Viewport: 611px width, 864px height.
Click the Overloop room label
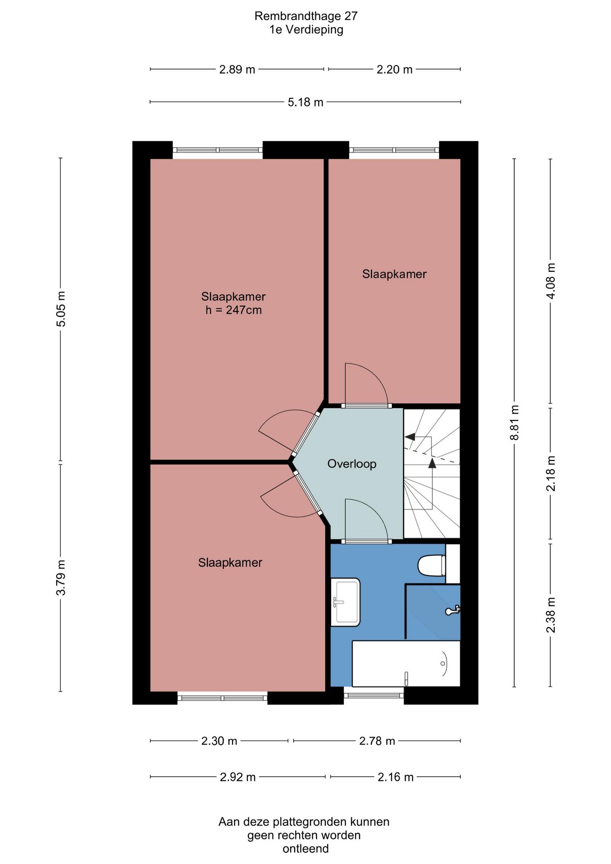pyautogui.click(x=351, y=464)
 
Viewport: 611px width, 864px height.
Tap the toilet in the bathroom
pyautogui.click(x=432, y=566)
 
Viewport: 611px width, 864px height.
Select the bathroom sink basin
pyautogui.click(x=346, y=602)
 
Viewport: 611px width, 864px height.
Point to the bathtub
pyautogui.click(x=406, y=664)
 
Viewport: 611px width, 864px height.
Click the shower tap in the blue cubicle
pyautogui.click(x=452, y=611)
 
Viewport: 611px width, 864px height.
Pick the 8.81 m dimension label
pyautogui.click(x=515, y=423)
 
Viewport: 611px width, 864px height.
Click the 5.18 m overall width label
pyautogui.click(x=305, y=102)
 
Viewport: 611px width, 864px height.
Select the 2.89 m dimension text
pyautogui.click(x=237, y=70)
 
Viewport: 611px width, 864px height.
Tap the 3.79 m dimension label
pyautogui.click(x=61, y=577)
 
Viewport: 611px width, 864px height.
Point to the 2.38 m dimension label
pyautogui.click(x=551, y=615)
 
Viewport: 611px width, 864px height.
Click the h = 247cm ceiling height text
pyautogui.click(x=234, y=310)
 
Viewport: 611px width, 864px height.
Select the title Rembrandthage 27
pyautogui.click(x=306, y=16)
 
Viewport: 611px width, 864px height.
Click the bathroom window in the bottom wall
pyautogui.click(x=374, y=695)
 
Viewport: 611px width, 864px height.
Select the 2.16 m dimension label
pyautogui.click(x=395, y=777)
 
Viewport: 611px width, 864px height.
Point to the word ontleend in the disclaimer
pyautogui.click(x=305, y=849)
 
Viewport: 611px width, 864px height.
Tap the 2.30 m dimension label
pyautogui.click(x=219, y=741)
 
